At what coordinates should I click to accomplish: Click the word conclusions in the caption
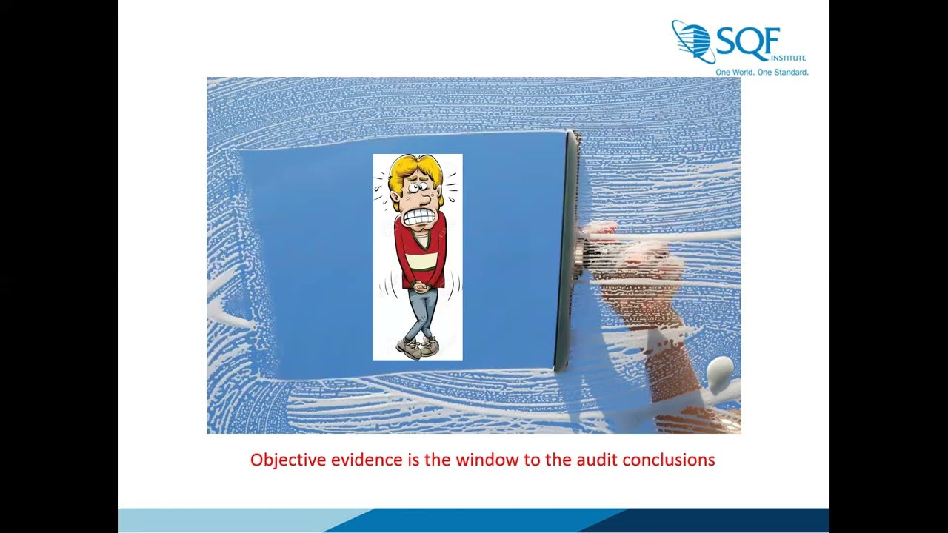669,460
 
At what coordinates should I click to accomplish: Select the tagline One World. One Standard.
761,72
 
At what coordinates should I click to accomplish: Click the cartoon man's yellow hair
411,167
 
